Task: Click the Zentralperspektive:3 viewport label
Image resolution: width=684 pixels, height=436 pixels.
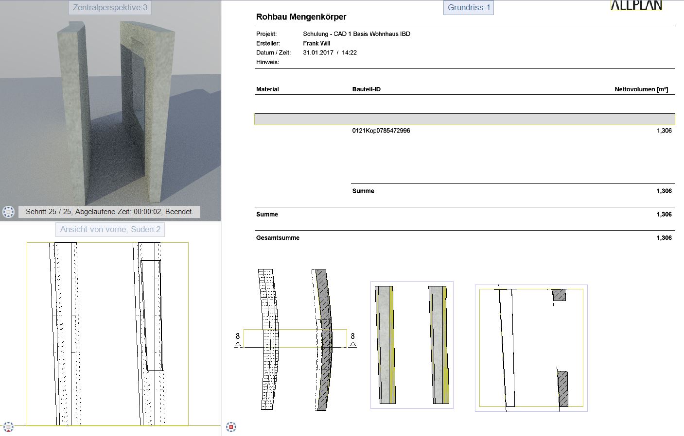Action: [x=110, y=7]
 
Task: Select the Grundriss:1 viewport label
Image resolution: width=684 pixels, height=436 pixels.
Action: [x=469, y=7]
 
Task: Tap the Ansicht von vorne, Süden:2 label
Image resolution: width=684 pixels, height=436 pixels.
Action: [x=110, y=229]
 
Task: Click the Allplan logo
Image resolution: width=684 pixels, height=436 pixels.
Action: [x=636, y=5]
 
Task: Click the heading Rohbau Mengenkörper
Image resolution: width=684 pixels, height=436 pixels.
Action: [x=301, y=17]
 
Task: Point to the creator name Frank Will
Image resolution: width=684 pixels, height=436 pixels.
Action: [x=316, y=43]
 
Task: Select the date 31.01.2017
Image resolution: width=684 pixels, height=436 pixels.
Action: [x=318, y=53]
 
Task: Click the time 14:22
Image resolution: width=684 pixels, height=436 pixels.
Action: [x=350, y=53]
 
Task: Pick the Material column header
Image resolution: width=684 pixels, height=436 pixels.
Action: [x=267, y=89]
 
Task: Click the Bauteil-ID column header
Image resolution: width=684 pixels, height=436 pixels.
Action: [x=366, y=89]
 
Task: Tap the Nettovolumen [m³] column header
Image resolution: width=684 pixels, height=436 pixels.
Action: [x=641, y=89]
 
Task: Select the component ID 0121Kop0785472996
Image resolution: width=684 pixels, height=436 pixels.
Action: [x=381, y=131]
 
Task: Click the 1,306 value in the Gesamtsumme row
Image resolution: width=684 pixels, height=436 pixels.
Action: [x=664, y=238]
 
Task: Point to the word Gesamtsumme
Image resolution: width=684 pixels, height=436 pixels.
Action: [x=278, y=238]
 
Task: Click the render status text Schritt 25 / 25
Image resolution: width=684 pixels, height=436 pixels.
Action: [x=49, y=212]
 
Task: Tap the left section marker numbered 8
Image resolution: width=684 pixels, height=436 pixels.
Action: [x=238, y=340]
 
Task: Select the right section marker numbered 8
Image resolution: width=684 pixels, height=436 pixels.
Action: [x=352, y=340]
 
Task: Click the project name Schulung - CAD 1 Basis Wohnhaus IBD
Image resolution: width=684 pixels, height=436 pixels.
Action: [x=356, y=34]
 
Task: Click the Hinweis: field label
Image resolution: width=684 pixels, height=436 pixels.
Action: [x=267, y=62]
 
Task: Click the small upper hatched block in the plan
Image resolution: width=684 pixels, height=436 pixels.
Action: [x=559, y=295]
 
